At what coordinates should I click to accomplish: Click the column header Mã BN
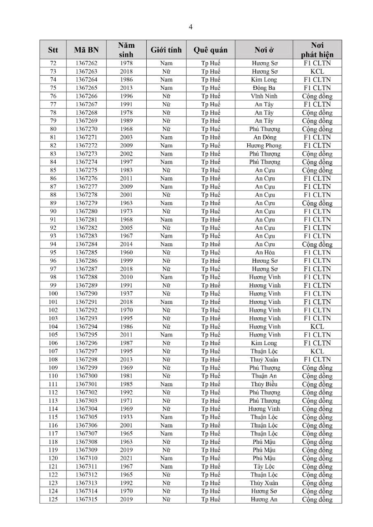point(87,50)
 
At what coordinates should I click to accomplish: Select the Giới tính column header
point(166,50)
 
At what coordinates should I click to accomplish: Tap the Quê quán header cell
point(211,50)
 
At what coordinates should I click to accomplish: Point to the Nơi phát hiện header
point(317,50)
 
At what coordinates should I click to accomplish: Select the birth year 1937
point(126,294)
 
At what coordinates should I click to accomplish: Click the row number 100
point(53,294)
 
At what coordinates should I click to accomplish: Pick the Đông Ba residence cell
point(264,88)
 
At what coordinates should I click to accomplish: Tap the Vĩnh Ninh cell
point(264,96)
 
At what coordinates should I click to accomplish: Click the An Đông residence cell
point(264,138)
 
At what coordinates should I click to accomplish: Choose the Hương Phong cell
point(264,146)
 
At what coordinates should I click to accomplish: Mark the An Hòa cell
point(264,252)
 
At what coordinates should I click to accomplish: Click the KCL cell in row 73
point(317,72)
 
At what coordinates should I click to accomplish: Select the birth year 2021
point(126,458)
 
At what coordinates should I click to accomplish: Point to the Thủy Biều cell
point(264,384)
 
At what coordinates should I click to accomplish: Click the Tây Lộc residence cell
point(264,466)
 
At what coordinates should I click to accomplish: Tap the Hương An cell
point(264,499)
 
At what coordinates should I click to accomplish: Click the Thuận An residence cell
point(264,376)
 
